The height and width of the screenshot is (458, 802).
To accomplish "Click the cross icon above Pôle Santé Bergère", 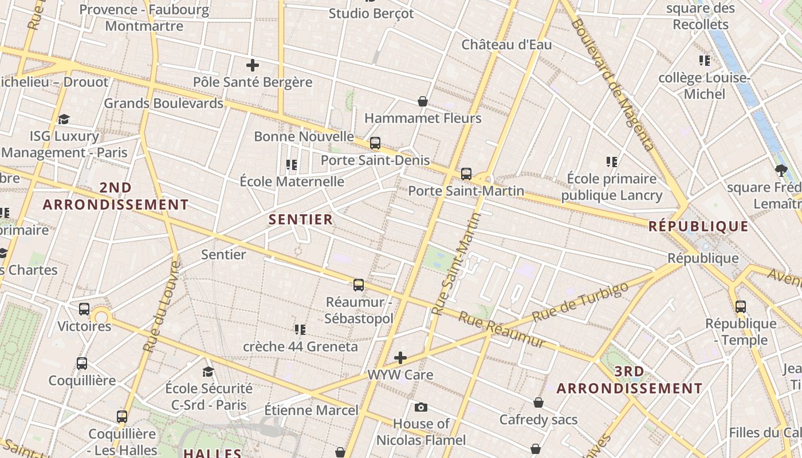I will pyautogui.click(x=252, y=65).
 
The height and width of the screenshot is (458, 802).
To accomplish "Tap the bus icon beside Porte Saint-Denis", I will pyautogui.click(x=375, y=143).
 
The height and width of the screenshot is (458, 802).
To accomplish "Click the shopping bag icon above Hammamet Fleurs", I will pyautogui.click(x=423, y=101).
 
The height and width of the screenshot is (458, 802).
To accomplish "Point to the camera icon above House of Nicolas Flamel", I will pyautogui.click(x=421, y=407).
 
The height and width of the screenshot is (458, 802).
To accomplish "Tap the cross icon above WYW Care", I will pyautogui.click(x=400, y=358).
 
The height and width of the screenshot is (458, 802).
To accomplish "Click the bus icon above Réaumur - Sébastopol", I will pyautogui.click(x=359, y=285).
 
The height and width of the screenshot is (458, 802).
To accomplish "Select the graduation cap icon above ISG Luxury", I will pyautogui.click(x=64, y=119).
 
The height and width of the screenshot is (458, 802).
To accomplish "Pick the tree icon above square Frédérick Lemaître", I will pyautogui.click(x=780, y=170).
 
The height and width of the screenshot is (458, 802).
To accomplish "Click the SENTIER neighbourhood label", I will pyautogui.click(x=301, y=219).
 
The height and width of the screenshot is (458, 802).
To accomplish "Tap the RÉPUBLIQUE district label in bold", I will pyautogui.click(x=698, y=226).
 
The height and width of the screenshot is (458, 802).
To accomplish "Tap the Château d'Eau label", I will pyautogui.click(x=506, y=45).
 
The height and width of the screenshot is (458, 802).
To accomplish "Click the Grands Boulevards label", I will pyautogui.click(x=163, y=104).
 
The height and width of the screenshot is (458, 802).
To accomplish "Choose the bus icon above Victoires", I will pyautogui.click(x=84, y=309).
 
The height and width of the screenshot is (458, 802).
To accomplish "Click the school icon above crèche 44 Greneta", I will pyautogui.click(x=300, y=329).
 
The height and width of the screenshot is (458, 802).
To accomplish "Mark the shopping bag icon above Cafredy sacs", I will pyautogui.click(x=538, y=402).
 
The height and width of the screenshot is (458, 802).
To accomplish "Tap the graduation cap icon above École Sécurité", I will pyautogui.click(x=209, y=372).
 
